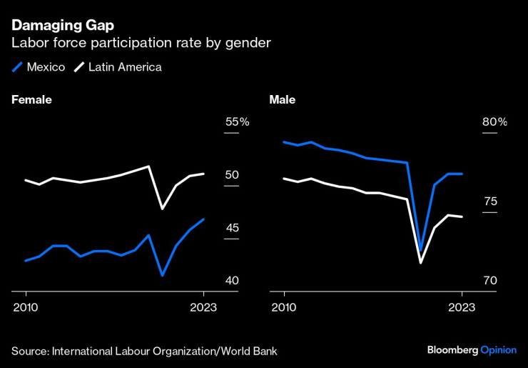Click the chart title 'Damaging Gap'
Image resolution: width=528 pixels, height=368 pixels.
[x=62, y=25]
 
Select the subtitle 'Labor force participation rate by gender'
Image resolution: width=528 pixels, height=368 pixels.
[x=141, y=43]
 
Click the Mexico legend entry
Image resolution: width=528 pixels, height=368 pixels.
[x=40, y=67]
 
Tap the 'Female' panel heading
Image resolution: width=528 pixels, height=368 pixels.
[x=31, y=100]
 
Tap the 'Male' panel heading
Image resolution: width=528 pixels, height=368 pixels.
[x=282, y=100]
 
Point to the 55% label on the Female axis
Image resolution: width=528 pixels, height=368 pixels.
[x=237, y=122]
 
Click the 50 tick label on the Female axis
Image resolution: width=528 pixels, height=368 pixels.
[x=232, y=175]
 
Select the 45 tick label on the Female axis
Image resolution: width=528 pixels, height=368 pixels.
[x=232, y=228]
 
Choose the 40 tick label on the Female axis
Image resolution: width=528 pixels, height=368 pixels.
[x=232, y=281]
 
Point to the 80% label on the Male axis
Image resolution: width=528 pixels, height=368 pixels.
[x=494, y=122]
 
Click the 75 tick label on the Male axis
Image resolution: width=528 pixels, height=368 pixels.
[x=490, y=202]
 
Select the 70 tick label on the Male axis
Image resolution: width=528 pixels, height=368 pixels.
[x=490, y=281]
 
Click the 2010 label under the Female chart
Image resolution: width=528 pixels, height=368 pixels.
[x=26, y=307]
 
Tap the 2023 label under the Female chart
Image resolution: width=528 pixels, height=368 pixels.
[x=203, y=307]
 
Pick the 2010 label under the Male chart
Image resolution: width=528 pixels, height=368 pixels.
[x=284, y=307]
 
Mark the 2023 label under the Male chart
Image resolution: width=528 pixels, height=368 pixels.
[x=462, y=307]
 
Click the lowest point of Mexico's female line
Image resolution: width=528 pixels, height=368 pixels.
[x=163, y=275]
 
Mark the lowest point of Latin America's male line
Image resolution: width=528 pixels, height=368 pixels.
[x=421, y=263]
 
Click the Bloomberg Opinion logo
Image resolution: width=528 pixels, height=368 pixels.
[x=471, y=350]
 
